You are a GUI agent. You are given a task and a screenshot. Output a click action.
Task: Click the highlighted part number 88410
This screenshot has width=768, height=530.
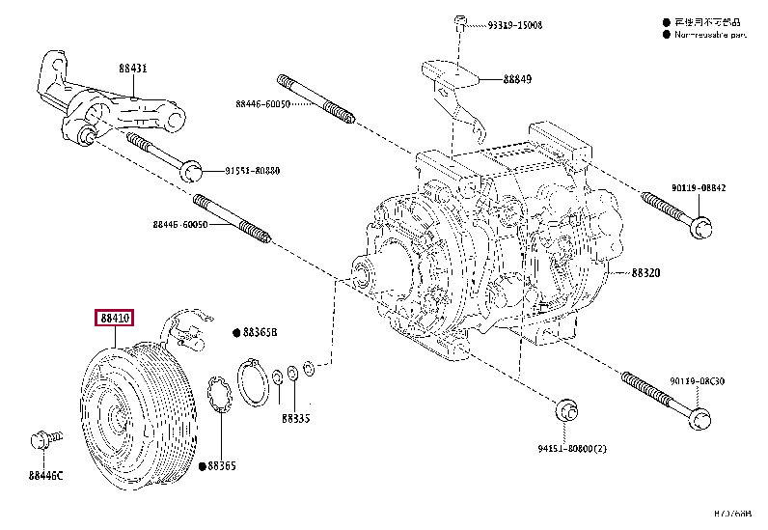113,317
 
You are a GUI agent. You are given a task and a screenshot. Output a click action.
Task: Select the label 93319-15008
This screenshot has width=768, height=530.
516,25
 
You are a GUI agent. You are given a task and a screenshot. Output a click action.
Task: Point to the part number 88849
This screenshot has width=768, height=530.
516,80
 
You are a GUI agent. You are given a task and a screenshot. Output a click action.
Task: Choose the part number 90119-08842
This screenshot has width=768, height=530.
699,189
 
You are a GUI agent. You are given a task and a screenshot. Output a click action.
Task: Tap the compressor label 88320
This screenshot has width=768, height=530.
645,273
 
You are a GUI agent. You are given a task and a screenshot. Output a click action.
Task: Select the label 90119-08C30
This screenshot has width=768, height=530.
699,382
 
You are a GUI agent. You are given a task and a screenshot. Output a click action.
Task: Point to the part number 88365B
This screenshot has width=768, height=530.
259,332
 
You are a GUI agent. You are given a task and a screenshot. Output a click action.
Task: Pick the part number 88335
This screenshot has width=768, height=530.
295,419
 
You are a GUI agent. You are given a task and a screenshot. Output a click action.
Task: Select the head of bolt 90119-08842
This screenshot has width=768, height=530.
703,227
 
